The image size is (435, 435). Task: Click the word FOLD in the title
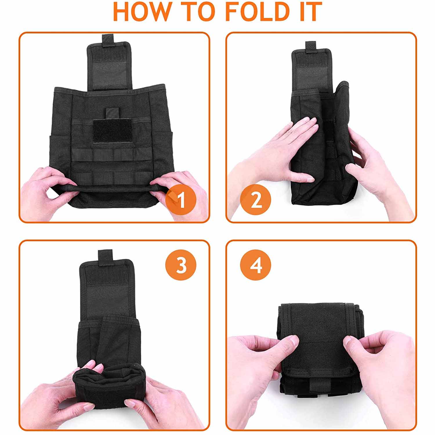pyautogui.click(x=258, y=11)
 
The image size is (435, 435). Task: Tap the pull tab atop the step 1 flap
pyautogui.click(x=108, y=40)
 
